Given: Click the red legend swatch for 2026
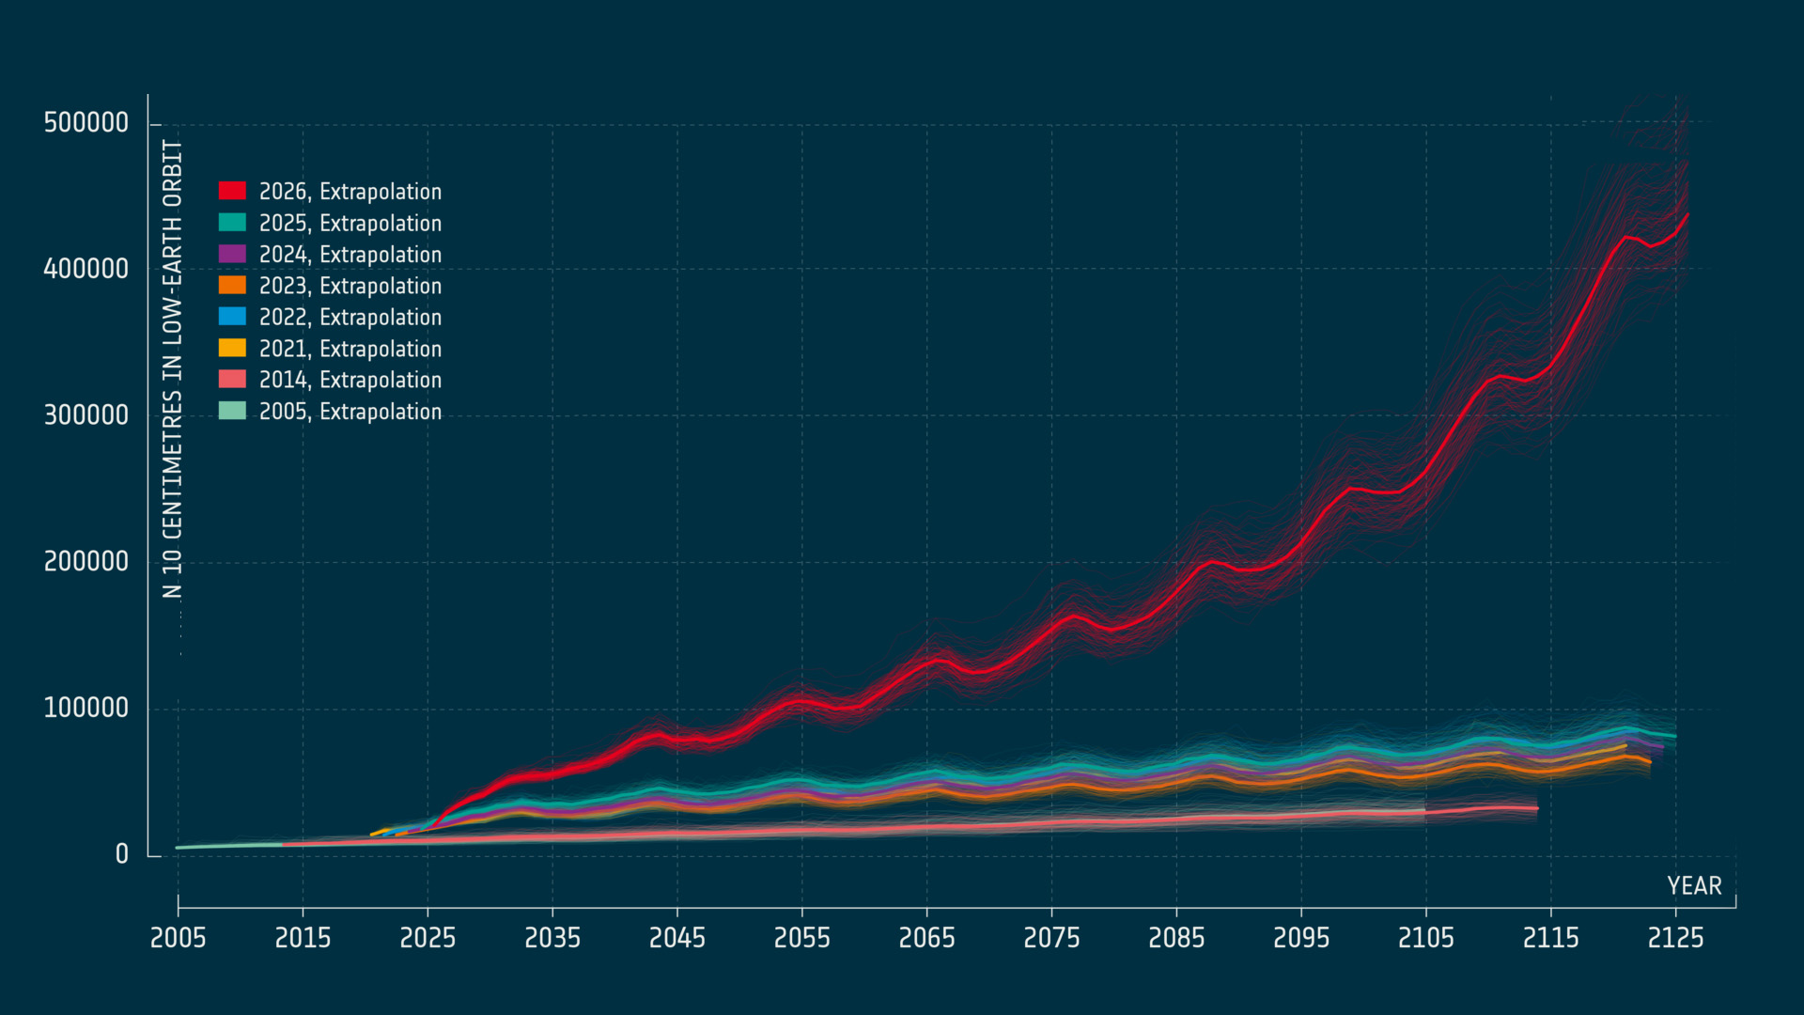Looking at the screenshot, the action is [x=232, y=191].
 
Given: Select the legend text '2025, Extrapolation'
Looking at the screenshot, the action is [x=350, y=224].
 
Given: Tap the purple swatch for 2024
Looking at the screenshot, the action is [x=232, y=254].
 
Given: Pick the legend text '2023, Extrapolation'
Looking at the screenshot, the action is [x=350, y=287].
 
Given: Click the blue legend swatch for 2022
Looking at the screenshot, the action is [x=232, y=317].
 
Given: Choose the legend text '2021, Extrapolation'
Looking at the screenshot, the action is [x=350, y=350].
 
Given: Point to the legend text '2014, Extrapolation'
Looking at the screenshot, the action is [x=350, y=381].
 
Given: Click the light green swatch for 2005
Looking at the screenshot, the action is [x=232, y=411].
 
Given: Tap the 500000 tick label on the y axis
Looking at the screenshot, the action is [x=86, y=123].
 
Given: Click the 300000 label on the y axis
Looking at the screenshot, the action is [x=86, y=415].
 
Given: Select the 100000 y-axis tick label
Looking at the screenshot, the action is [x=86, y=709].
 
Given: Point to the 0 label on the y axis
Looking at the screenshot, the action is [x=122, y=854].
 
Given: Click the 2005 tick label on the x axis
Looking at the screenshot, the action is [x=179, y=938].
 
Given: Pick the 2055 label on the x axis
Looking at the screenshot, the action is [x=802, y=938].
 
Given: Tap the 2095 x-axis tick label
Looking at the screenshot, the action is [x=1301, y=938].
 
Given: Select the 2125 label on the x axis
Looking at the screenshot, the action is [x=1675, y=938].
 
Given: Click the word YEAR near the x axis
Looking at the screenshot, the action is [x=1695, y=886].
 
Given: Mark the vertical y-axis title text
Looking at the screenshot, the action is [x=172, y=368].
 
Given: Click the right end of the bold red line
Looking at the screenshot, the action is [x=1688, y=214].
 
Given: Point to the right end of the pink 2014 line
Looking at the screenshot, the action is [x=1538, y=808].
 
